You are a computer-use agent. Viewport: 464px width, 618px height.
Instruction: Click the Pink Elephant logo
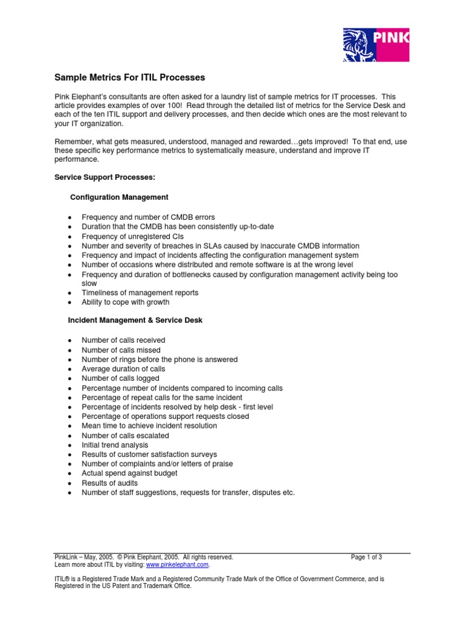[376, 44]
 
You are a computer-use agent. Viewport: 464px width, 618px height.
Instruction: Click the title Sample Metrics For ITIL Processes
[130, 78]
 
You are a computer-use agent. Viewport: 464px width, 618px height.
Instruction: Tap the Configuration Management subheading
[119, 197]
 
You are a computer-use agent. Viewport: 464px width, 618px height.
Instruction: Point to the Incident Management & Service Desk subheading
[136, 320]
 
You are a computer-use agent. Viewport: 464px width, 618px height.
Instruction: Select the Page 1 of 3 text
[367, 557]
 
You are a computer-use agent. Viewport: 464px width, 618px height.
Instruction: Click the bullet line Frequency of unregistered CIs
[132, 237]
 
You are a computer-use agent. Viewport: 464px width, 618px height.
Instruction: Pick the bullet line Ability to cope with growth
[125, 302]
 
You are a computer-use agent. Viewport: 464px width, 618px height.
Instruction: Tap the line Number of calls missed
[121, 350]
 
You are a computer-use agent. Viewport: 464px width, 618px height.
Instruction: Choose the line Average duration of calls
[123, 369]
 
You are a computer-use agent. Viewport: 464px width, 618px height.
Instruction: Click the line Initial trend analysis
[115, 445]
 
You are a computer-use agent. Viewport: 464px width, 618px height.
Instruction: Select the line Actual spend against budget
[129, 474]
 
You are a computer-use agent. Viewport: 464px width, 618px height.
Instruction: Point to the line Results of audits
[109, 483]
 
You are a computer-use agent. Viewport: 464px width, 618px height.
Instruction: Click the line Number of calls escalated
[125, 436]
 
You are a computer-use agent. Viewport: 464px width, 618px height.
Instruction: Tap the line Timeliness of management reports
[140, 293]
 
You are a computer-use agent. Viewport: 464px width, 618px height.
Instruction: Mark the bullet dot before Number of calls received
[71, 341]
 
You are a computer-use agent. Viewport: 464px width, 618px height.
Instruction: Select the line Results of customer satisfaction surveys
[149, 454]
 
